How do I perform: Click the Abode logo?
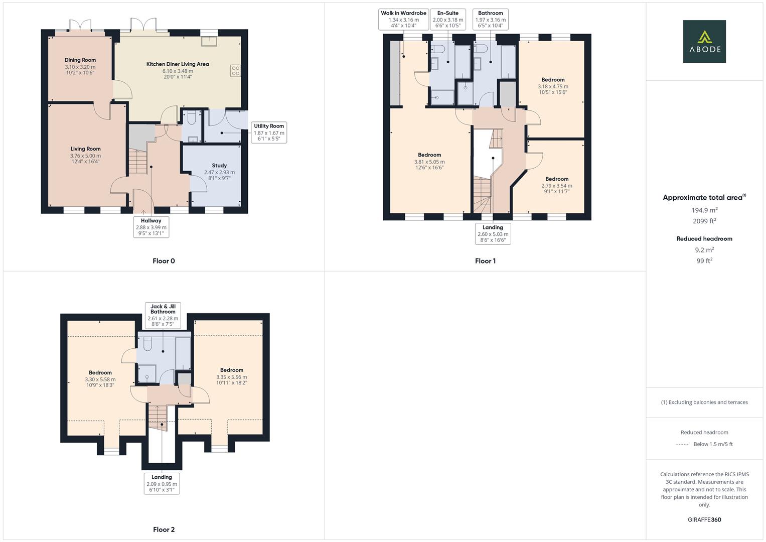[x=704, y=42]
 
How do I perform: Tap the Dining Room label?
[x=80, y=60]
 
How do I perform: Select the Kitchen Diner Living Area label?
[x=178, y=64]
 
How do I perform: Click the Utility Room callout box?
[x=269, y=133]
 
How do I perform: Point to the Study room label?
[x=219, y=166]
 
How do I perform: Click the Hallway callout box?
[x=151, y=227]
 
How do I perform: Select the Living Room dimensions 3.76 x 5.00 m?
[x=85, y=156]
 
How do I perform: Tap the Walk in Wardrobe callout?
[x=403, y=20]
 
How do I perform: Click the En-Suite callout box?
[x=447, y=20]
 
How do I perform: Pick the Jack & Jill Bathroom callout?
[x=163, y=315]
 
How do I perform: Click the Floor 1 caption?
[x=485, y=261]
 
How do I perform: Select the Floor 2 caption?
[x=164, y=529]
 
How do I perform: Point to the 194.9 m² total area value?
[x=704, y=210]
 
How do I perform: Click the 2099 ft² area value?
[x=704, y=221]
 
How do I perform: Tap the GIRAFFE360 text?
[x=704, y=520]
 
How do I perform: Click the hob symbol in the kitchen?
[x=235, y=71]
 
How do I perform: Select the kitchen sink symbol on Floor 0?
[x=209, y=41]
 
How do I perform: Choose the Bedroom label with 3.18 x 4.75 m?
[x=553, y=80]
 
